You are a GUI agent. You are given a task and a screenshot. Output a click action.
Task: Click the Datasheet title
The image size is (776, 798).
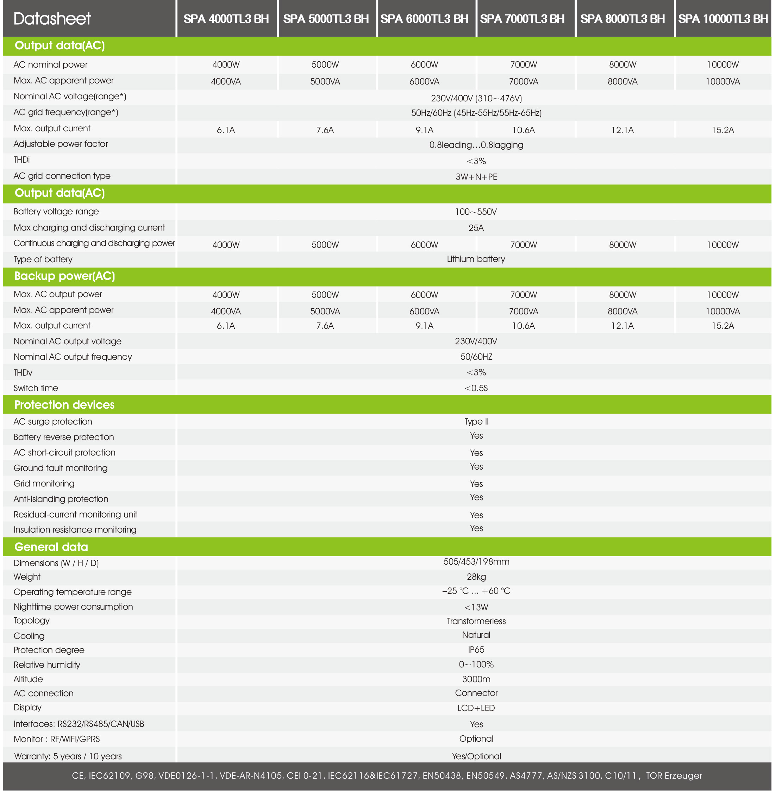[x=52, y=19]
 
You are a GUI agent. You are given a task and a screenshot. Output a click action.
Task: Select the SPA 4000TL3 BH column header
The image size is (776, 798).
[x=226, y=19]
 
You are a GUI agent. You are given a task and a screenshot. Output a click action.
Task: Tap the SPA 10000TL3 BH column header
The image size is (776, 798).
[x=722, y=19]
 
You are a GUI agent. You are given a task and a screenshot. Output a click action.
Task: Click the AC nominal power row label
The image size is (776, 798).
[x=51, y=65]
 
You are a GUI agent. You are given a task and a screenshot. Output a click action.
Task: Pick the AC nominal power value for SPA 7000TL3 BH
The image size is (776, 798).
[x=523, y=65]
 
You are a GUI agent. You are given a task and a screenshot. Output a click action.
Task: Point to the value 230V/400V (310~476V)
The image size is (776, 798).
[x=476, y=98]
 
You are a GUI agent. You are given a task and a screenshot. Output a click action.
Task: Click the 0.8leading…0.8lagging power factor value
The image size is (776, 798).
[x=476, y=145]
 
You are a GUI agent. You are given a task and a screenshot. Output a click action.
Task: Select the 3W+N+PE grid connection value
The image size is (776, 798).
[x=476, y=177]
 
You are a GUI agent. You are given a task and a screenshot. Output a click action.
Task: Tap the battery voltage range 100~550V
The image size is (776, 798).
[x=476, y=212]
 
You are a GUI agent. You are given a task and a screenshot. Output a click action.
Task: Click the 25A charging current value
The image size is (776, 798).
[x=476, y=228]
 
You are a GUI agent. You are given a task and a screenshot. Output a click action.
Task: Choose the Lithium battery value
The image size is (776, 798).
[x=476, y=259]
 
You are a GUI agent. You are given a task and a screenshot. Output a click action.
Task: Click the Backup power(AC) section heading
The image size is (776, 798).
[x=64, y=276]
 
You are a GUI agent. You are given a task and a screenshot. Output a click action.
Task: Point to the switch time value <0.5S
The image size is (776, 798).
[x=476, y=388]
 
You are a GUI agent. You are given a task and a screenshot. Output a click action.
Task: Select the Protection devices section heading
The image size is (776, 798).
[x=64, y=405]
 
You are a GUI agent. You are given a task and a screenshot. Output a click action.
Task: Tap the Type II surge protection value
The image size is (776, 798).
[x=476, y=422]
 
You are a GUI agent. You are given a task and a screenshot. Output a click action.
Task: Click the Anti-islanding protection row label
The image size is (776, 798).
[x=61, y=499]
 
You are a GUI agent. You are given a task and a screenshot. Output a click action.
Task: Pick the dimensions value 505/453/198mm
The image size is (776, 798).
[x=476, y=562]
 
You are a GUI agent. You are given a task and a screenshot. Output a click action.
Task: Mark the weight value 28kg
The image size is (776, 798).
[x=476, y=577]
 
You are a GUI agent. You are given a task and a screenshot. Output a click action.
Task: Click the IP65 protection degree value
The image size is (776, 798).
[x=476, y=650]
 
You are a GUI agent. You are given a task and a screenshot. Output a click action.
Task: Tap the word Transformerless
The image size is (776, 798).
[x=476, y=622]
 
